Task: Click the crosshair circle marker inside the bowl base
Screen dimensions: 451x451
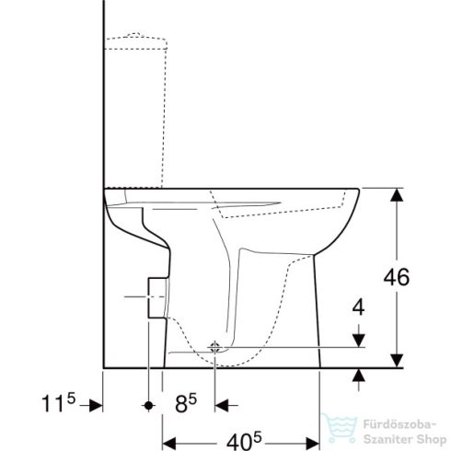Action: click(x=215, y=348)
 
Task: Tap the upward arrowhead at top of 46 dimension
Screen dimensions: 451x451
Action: click(x=396, y=194)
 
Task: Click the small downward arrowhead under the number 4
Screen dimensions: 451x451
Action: click(x=358, y=341)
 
